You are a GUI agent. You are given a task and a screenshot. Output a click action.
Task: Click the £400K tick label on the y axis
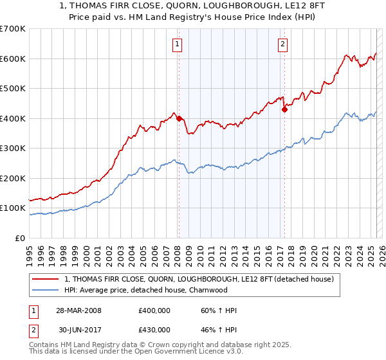[x=13, y=118]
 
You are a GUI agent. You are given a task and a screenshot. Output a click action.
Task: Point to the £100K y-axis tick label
[x=13, y=208]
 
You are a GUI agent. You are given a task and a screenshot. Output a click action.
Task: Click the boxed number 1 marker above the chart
[x=177, y=44]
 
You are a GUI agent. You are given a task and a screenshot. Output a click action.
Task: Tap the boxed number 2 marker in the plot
[x=282, y=44]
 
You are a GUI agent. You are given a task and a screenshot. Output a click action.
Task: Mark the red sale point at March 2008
[x=179, y=118]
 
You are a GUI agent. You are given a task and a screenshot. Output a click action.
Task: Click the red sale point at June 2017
[x=284, y=109]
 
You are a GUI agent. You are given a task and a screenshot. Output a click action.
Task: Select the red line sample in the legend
[x=46, y=280]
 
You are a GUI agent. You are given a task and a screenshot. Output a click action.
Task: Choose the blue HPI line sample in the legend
[x=46, y=290]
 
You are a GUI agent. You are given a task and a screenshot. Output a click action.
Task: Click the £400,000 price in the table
[x=154, y=310]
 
